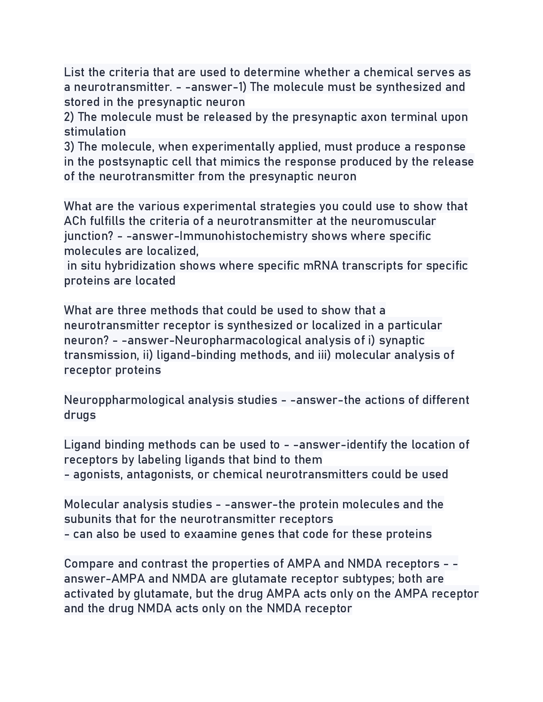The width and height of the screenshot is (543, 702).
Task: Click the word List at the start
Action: pyautogui.click(x=74, y=72)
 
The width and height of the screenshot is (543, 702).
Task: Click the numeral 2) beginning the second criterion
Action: pyautogui.click(x=69, y=117)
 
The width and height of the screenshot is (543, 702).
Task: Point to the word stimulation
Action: pyautogui.click(x=95, y=132)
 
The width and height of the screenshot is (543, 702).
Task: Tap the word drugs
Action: pyautogui.click(x=80, y=415)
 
